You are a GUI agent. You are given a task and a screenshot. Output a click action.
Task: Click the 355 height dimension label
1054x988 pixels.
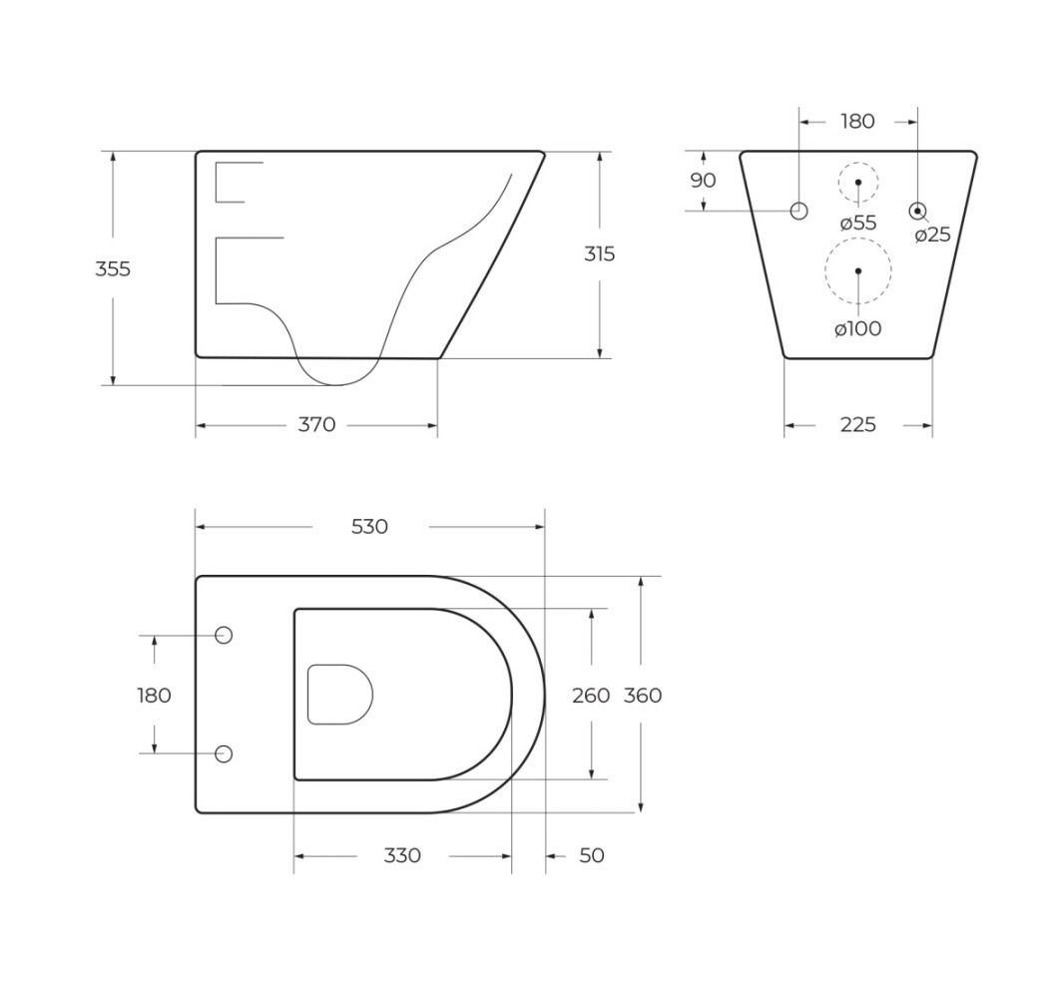[113, 268]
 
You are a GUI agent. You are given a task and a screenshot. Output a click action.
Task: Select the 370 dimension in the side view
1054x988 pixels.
[316, 425]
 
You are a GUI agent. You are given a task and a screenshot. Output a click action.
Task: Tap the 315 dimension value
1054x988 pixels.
[599, 254]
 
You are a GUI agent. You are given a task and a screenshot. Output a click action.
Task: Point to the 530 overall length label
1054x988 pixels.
[369, 526]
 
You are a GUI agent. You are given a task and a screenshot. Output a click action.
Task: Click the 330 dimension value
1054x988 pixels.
[402, 855]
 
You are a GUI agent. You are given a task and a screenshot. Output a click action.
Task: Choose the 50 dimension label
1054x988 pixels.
[592, 855]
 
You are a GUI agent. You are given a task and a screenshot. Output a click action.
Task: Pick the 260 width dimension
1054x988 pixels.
[591, 695]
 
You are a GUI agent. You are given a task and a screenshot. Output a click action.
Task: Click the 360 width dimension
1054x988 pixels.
[643, 695]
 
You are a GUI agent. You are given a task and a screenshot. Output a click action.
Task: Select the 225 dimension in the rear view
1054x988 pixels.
[857, 425]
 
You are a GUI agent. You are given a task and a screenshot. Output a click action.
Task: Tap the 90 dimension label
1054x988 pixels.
[703, 180]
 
